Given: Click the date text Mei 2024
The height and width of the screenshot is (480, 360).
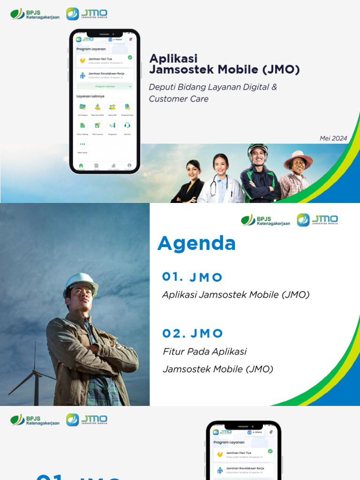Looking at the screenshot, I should pyautogui.click(x=333, y=138).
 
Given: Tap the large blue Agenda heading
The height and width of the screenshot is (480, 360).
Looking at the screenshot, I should pyautogui.click(x=197, y=244).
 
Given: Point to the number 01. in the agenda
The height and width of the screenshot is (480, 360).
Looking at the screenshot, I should pyautogui.click(x=172, y=277).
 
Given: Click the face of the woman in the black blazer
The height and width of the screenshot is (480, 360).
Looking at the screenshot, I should pyautogui.click(x=194, y=170).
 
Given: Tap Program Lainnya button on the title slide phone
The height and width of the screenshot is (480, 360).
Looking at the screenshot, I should pyautogui.click(x=105, y=87).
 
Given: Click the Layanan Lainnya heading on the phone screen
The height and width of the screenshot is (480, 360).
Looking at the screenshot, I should pyautogui.click(x=90, y=96).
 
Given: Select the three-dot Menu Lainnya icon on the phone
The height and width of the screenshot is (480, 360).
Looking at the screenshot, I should pyautogui.click(x=82, y=144).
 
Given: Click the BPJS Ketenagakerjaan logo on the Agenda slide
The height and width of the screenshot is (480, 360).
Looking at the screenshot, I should pyautogui.click(x=266, y=220).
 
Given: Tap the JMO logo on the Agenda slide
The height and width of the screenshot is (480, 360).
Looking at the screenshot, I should pyautogui.click(x=317, y=220).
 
